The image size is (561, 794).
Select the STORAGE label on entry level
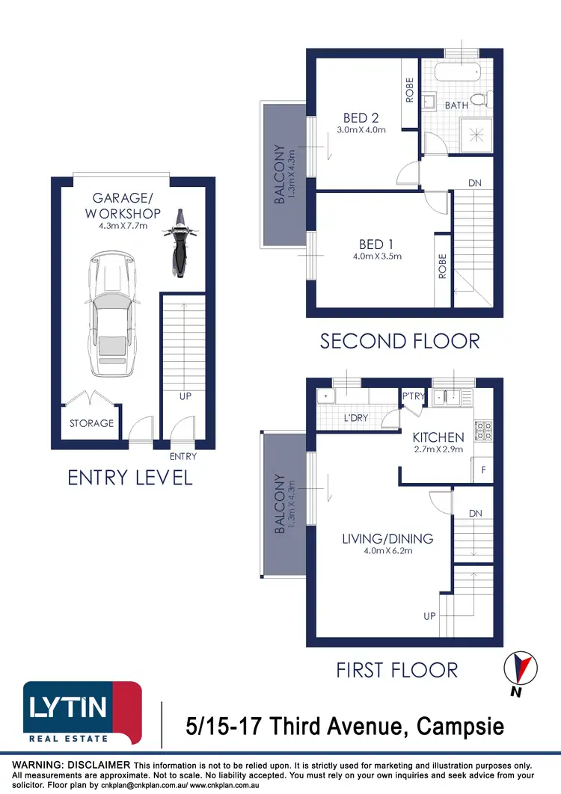click(92, 423)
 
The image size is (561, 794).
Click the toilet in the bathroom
click(487, 99)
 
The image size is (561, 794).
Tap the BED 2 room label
click(361, 117)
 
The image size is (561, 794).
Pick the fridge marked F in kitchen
click(483, 471)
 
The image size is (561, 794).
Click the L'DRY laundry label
click(356, 418)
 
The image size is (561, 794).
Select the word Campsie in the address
click(460, 725)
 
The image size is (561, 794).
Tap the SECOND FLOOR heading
click(399, 342)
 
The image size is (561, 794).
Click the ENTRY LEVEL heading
click(130, 478)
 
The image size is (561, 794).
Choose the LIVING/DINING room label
click(387, 538)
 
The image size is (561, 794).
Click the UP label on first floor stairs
click(429, 616)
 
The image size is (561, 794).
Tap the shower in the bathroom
click(476, 135)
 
